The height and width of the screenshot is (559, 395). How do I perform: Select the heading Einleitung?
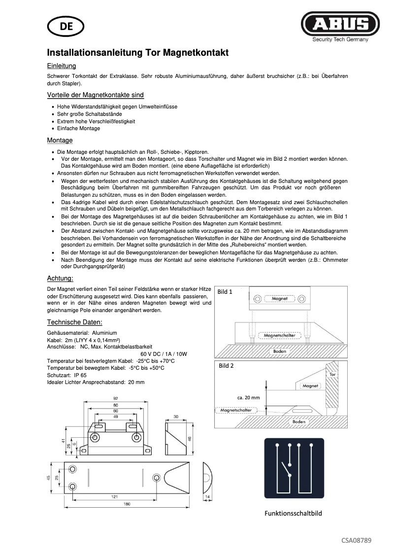(x=61, y=66)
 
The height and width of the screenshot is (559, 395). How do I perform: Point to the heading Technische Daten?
(x=74, y=322)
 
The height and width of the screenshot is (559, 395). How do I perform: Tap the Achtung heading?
(x=60, y=278)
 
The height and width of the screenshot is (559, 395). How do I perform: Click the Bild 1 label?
(x=225, y=292)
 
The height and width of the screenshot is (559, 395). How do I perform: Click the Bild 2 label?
(x=226, y=366)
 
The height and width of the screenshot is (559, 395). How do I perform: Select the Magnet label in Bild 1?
(x=279, y=299)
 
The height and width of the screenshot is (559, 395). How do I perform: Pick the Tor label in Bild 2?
(x=332, y=375)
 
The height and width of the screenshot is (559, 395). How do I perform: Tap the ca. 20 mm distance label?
(x=248, y=397)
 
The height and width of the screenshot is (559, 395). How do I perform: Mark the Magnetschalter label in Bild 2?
(x=236, y=410)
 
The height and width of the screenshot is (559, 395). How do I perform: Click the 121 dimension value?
(x=114, y=496)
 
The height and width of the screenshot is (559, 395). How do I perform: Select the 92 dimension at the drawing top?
(x=116, y=398)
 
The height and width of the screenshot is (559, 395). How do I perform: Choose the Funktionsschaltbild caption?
(x=293, y=513)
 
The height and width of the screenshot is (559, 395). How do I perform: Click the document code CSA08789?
(x=357, y=540)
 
